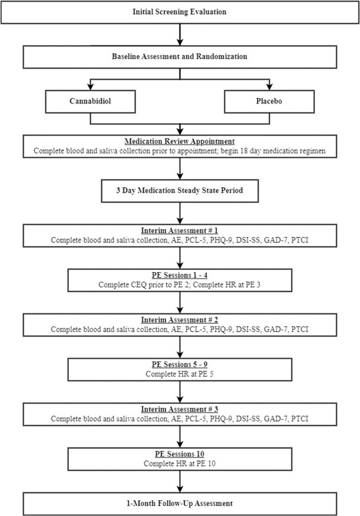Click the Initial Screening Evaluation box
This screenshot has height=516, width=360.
click(x=180, y=12)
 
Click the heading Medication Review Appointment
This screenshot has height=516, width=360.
click(x=180, y=141)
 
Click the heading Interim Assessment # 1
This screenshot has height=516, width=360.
click(x=180, y=231)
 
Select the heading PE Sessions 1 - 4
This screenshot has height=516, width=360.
click(x=180, y=276)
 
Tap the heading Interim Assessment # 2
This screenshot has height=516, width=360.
click(x=180, y=321)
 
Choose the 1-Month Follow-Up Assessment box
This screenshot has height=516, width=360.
click(x=180, y=503)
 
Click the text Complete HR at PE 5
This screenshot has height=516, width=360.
click(x=180, y=374)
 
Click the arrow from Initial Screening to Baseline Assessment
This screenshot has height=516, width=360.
click(x=180, y=34)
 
